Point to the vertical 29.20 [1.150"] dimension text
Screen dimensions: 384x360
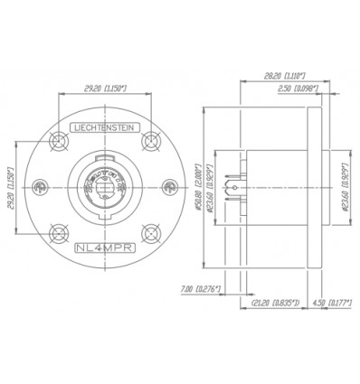click(x=11, y=185)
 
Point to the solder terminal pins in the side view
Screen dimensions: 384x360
click(x=238, y=187)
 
